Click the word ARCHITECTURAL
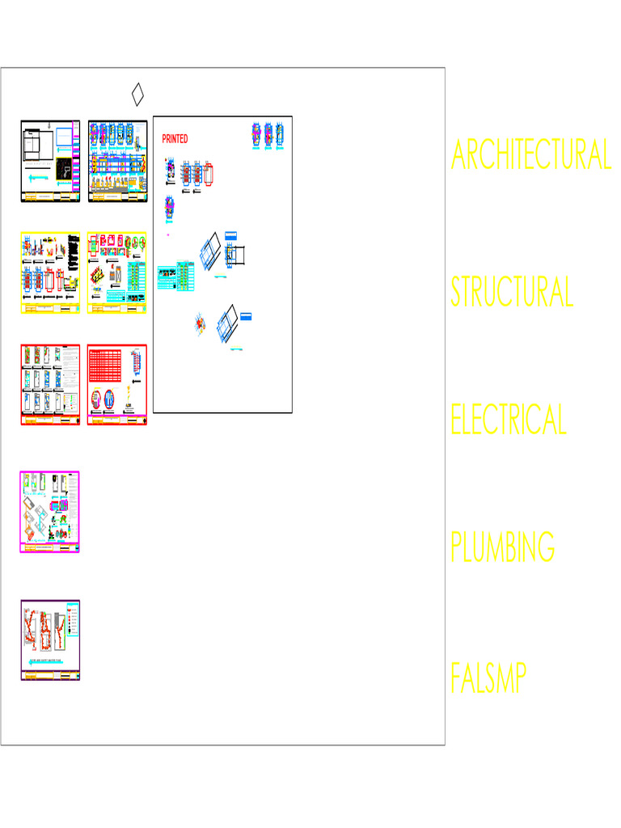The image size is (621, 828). pos(530,154)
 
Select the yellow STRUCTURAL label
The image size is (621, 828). pos(512,292)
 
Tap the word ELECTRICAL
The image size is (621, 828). pos(509,419)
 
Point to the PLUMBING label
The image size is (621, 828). pos(503,547)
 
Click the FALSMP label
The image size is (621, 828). pos(488,679)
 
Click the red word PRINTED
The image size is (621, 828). pos(175,139)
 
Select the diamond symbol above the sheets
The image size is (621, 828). pos(137,94)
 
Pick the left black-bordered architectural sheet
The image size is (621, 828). pos(50,162)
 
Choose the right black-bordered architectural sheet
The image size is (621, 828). pos(117,162)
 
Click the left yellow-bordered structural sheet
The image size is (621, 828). pos(50,273)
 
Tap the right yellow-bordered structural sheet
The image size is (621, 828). pos(117,273)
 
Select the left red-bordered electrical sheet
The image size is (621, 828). pos(50,385)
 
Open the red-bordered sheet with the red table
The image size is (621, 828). pos(117,385)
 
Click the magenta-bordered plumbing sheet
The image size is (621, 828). pos(50,512)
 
